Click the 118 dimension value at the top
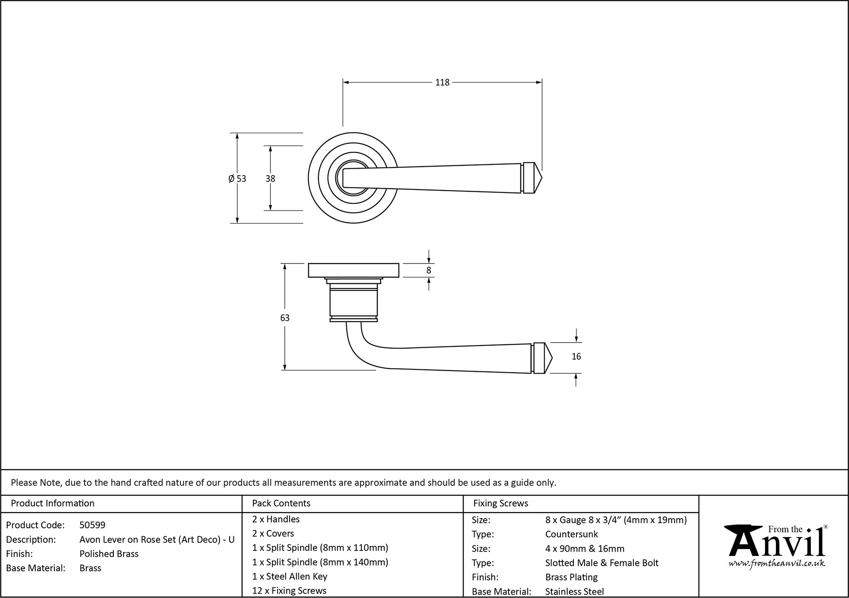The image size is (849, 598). [x=442, y=82]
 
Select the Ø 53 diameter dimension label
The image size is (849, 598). [x=237, y=179]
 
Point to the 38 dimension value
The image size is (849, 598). [x=270, y=179]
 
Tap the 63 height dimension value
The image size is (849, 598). [x=285, y=318]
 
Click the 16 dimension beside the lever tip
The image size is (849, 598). [x=576, y=357]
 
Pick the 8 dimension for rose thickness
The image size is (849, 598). [x=429, y=270]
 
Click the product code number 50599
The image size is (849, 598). [x=92, y=525]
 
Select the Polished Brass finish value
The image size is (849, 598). [x=109, y=554]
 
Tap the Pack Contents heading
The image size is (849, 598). [x=281, y=503]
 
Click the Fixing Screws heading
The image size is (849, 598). [x=500, y=503]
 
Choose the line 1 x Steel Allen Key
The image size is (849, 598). [x=290, y=576]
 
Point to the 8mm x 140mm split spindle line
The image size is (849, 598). [x=320, y=562]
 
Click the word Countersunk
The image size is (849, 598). [x=571, y=534]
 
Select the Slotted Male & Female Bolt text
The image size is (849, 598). [x=602, y=563]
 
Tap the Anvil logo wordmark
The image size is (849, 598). [x=777, y=544]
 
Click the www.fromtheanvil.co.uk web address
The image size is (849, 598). [x=777, y=564]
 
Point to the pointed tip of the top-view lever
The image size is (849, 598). [x=541, y=178]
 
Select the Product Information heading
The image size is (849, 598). [x=53, y=503]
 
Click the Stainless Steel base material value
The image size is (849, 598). [x=574, y=592]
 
